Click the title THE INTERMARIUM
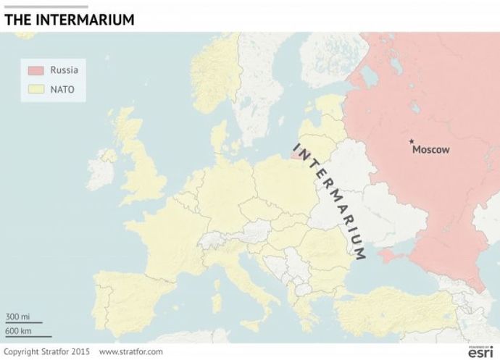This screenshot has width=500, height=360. [x=69, y=20]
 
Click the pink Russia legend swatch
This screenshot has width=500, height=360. [x=36, y=70]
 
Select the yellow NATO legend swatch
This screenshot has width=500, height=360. [x=36, y=91]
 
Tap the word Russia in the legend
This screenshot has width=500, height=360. [x=64, y=70]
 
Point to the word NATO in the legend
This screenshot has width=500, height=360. [x=62, y=91]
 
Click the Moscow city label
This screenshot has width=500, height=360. [x=430, y=150]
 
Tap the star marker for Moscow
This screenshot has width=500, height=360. [x=412, y=141]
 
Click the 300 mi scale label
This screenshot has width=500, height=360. [x=18, y=317]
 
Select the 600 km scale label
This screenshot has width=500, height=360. [x=19, y=331]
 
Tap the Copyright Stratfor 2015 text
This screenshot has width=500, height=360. [x=46, y=352]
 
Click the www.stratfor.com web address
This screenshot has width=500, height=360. [x=130, y=352]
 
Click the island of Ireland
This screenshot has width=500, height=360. [x=101, y=170]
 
